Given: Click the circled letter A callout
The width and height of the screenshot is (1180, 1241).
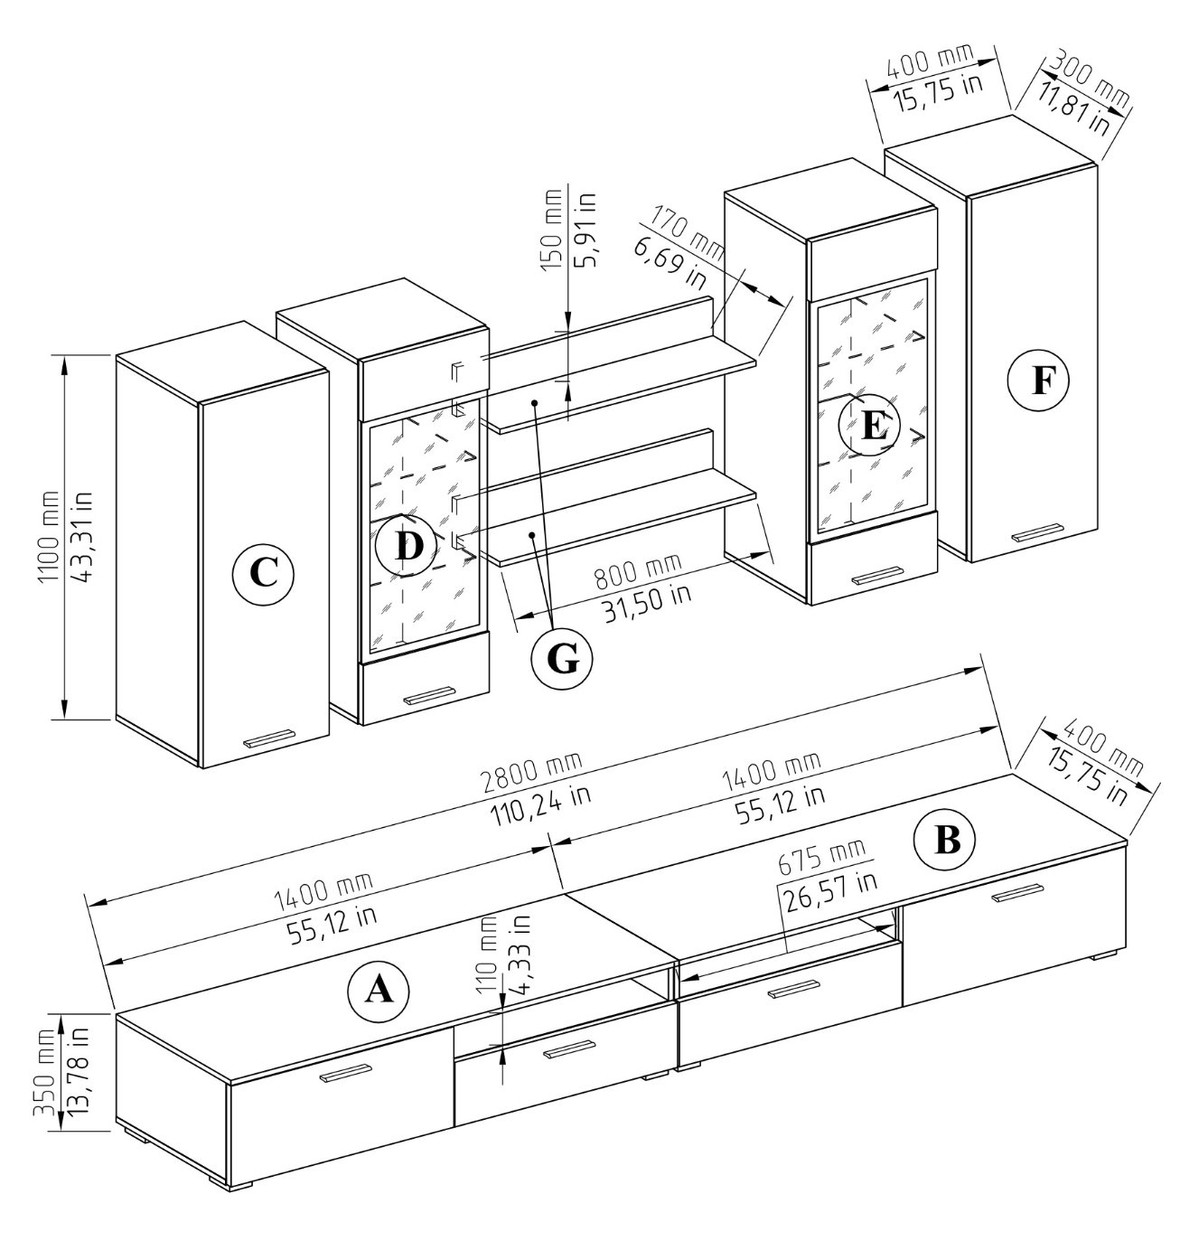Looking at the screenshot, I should [x=379, y=992].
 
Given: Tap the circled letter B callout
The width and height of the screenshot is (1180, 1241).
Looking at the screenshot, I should [x=945, y=841].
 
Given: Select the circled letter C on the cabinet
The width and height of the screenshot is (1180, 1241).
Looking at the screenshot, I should [x=263, y=573].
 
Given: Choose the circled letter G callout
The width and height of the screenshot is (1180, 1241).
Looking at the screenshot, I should [x=561, y=661].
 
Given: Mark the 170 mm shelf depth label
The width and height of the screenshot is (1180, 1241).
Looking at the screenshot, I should [x=687, y=232].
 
